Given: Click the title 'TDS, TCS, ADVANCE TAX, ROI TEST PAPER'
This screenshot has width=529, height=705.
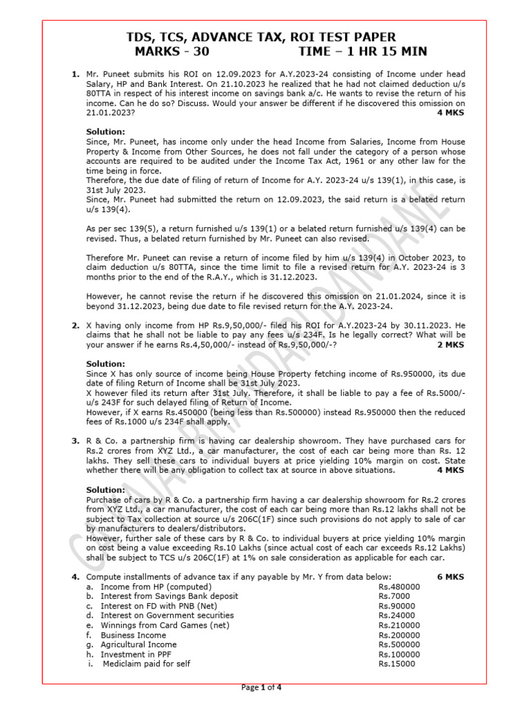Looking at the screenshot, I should [x=264, y=36].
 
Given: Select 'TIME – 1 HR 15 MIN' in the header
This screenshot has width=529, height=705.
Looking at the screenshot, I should [x=362, y=52].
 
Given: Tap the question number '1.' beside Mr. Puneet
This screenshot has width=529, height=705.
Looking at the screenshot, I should [x=76, y=74].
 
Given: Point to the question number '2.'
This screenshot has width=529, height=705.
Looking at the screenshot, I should [x=76, y=324].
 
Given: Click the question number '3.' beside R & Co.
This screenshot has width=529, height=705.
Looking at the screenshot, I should [x=76, y=441].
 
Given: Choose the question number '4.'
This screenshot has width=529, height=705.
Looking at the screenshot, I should [x=76, y=576].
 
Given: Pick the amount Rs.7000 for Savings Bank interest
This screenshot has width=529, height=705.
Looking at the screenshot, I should [x=394, y=596].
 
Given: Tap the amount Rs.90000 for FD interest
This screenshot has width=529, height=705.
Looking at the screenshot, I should [x=397, y=605].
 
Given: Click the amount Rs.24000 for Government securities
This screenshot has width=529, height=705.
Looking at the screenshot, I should [x=397, y=615].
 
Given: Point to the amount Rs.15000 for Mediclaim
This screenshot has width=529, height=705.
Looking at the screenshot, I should [x=397, y=664].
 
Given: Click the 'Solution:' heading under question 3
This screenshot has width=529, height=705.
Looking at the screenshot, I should [x=105, y=490].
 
